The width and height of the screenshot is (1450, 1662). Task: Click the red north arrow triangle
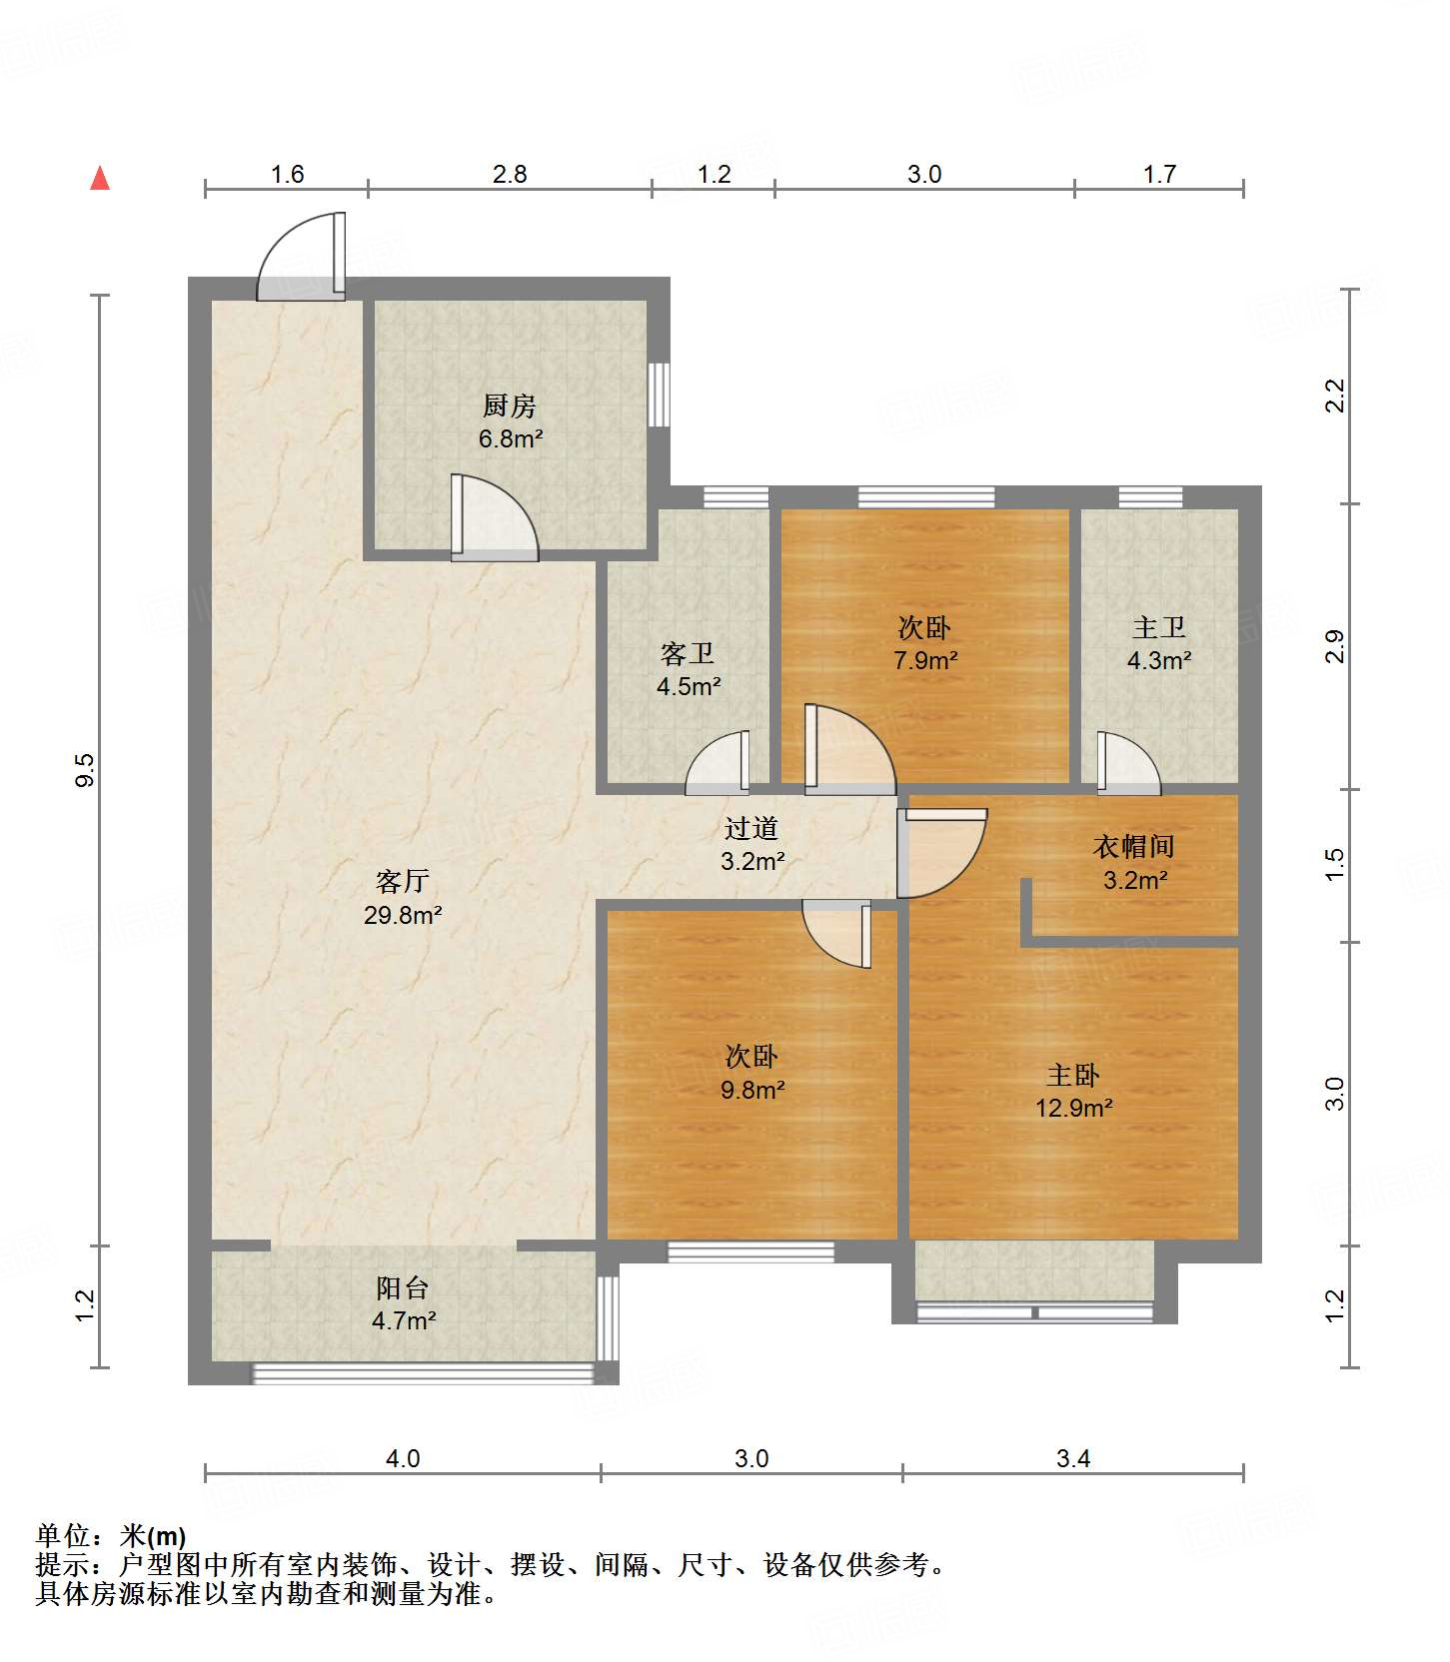pyautogui.click(x=100, y=178)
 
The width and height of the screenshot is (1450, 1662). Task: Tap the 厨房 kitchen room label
pyautogui.click(x=510, y=406)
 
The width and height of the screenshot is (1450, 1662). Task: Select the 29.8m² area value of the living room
pyautogui.click(x=403, y=914)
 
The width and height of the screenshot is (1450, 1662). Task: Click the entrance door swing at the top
pyautogui.click(x=301, y=256)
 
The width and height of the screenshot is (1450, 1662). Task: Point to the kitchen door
pyautogui.click(x=495, y=516)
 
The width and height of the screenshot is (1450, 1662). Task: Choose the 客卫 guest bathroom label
pyautogui.click(x=688, y=653)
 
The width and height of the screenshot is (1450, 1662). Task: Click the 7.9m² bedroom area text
pyautogui.click(x=925, y=660)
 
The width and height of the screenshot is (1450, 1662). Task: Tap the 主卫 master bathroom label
pyautogui.click(x=1159, y=627)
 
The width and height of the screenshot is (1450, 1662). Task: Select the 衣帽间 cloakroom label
pyautogui.click(x=1134, y=847)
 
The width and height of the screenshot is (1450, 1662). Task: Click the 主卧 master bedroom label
pyautogui.click(x=1073, y=1075)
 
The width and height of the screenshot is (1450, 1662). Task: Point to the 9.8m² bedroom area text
pyautogui.click(x=752, y=1089)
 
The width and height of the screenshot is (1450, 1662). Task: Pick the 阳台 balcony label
pyautogui.click(x=403, y=1287)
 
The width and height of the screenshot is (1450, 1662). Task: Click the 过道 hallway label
pyautogui.click(x=751, y=828)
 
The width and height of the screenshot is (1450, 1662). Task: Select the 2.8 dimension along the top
pyautogui.click(x=510, y=174)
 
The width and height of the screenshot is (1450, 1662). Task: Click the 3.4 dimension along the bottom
pyautogui.click(x=1073, y=1458)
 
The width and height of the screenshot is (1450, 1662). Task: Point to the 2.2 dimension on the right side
pyautogui.click(x=1335, y=396)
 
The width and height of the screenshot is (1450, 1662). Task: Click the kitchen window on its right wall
pyautogui.click(x=659, y=395)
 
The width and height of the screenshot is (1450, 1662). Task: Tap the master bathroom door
pyautogui.click(x=1129, y=764)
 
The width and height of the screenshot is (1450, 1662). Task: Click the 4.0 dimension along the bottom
pyautogui.click(x=403, y=1458)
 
